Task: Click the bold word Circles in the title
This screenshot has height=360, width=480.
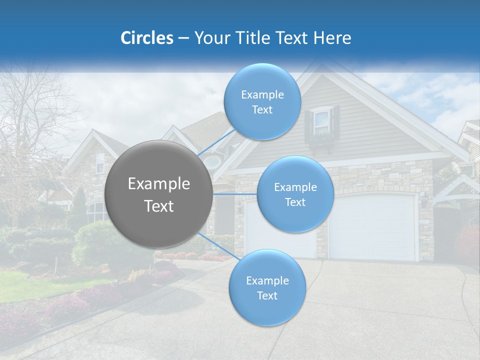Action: click(146, 38)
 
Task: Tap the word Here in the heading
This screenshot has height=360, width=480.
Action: click(332, 38)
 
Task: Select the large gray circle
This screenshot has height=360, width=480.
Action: click(158, 194)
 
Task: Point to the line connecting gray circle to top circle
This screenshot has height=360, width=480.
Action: click(216, 141)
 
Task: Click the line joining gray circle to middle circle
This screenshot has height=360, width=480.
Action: click(235, 194)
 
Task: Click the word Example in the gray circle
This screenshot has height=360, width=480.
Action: click(158, 184)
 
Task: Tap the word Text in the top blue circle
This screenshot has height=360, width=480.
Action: click(262, 110)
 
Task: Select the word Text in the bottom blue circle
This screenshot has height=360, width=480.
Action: click(267, 296)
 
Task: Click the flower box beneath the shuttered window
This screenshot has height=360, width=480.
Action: click(322, 137)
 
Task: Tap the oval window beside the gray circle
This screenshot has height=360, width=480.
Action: click(213, 161)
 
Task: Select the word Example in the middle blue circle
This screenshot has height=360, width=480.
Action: click(295, 187)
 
